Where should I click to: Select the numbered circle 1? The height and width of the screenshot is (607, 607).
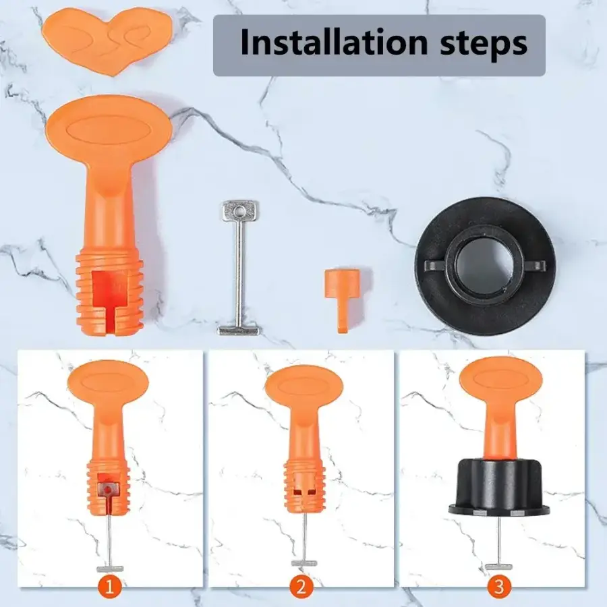point(109,587)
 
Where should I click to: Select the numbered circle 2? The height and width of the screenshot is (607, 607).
point(301,587)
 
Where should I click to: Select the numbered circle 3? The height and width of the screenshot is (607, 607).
point(499,587)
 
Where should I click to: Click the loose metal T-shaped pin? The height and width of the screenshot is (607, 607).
point(239,267)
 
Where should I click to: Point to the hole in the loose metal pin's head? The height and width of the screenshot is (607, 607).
point(239,212)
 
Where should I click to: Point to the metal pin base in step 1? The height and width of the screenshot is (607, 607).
point(110,569)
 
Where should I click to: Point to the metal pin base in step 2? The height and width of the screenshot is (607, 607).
point(304,563)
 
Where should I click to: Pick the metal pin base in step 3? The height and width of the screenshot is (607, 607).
point(499,567)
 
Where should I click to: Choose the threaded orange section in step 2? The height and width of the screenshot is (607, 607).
point(304,487)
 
